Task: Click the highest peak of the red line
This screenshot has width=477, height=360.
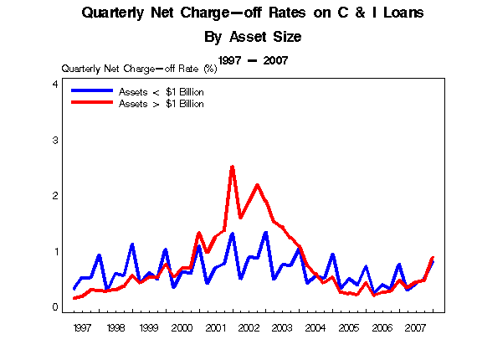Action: coord(233,167)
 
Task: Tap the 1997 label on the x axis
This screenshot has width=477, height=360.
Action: coord(82,328)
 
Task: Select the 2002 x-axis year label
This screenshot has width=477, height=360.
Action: coord(249,328)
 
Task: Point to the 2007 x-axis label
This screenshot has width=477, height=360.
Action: coord(416,328)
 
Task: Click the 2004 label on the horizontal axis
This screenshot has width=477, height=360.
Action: coord(315,328)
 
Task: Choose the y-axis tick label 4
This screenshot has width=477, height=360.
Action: coord(55,84)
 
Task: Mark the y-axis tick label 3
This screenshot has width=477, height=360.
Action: coord(55,141)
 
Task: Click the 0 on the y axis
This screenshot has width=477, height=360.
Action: coord(55,307)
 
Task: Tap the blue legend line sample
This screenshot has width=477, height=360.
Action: coord(92,90)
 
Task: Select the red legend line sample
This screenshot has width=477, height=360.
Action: coord(92,102)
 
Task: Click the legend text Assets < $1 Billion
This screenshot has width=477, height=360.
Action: coord(162,92)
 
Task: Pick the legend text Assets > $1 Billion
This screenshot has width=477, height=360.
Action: coord(162,104)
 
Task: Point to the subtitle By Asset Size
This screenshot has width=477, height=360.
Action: coord(253,37)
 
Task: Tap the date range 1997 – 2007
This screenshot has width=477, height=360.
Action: coord(253,60)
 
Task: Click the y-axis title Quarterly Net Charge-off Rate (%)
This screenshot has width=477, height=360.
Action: coord(139,69)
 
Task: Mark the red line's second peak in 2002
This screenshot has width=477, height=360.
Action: coord(258,185)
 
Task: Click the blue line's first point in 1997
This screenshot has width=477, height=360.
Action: coord(74,289)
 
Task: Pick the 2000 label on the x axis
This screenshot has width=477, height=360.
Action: coord(182,328)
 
